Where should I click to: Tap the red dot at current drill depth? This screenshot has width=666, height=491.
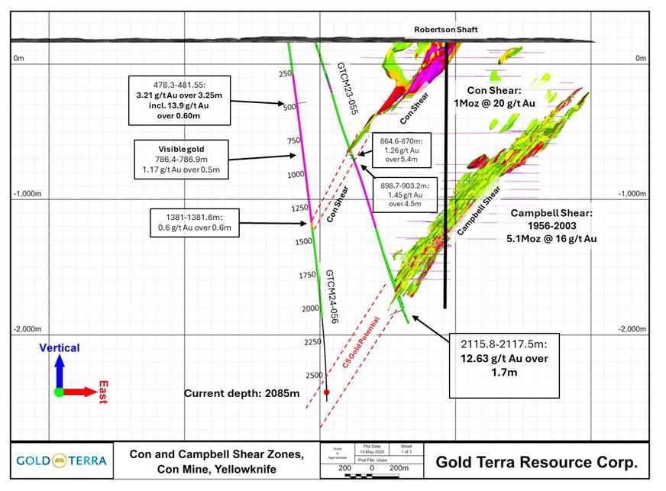click(x=327, y=392)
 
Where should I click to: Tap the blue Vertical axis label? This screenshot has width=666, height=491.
click(x=60, y=348)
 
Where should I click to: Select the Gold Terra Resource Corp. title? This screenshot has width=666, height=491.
click(x=536, y=462)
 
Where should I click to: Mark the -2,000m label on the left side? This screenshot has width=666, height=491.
click(x=29, y=329)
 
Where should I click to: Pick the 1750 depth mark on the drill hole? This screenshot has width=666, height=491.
click(x=307, y=275)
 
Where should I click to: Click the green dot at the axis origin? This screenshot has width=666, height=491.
click(x=59, y=392)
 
